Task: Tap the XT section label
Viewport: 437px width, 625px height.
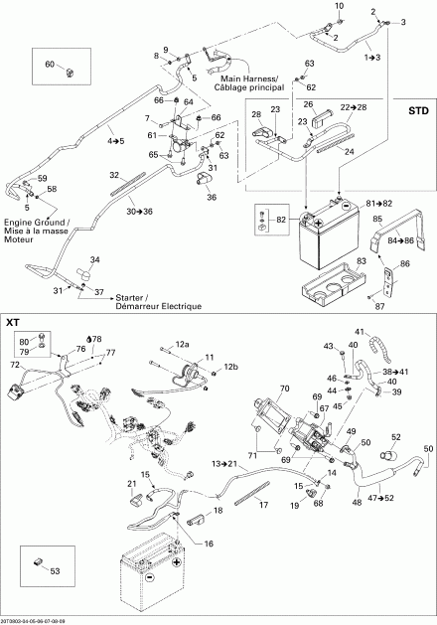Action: tap(15, 323)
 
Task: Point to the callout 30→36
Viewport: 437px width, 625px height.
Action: tap(139, 211)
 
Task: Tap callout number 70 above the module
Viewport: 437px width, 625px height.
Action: tap(284, 389)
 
